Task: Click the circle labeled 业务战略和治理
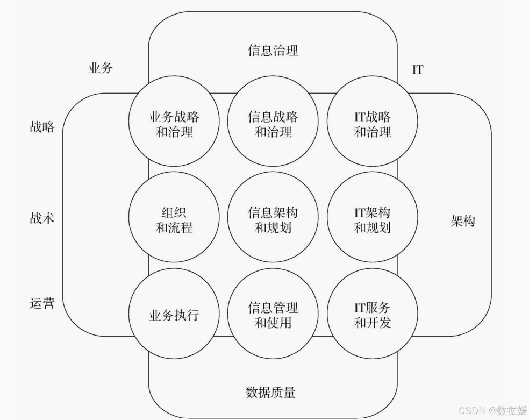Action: (174, 124)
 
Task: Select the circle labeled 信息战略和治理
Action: (273, 124)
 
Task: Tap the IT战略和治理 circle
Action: (372, 124)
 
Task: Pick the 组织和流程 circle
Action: (174, 220)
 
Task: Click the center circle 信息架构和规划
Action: (273, 220)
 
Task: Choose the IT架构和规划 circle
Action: (372, 220)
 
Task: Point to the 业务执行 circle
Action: (174, 315)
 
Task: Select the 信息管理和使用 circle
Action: (273, 315)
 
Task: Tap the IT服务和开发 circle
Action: (372, 315)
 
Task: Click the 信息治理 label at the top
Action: (273, 51)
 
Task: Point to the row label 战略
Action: (42, 127)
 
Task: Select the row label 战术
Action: (42, 219)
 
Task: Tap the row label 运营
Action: (42, 303)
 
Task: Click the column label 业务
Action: (101, 68)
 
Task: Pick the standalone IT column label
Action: (418, 69)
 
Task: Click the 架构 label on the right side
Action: (463, 221)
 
